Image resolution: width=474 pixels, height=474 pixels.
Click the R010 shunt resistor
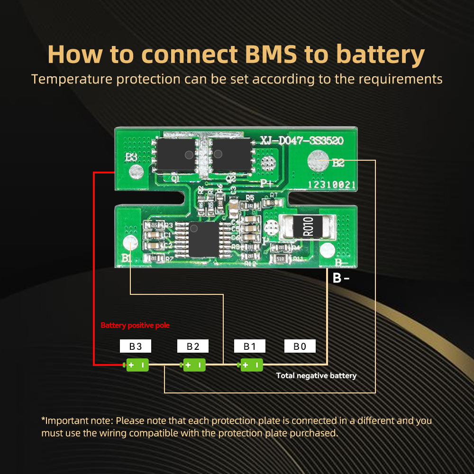click(x=308, y=227)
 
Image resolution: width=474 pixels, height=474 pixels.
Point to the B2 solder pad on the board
click(x=318, y=162)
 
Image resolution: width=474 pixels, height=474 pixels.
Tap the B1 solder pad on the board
click(x=129, y=243)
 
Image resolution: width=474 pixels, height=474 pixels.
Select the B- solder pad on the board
click(x=328, y=249)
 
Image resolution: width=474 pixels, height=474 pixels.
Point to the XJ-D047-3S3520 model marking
click(x=301, y=140)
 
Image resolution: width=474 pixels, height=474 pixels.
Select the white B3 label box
click(x=136, y=346)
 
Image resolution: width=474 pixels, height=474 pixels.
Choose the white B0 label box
click(x=300, y=346)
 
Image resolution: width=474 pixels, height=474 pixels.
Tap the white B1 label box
click(x=250, y=346)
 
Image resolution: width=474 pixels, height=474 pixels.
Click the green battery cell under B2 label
click(x=193, y=365)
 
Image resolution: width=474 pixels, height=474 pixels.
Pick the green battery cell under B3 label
click(x=137, y=365)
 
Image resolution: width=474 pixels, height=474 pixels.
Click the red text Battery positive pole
click(x=135, y=326)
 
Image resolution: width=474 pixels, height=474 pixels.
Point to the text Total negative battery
click(x=316, y=376)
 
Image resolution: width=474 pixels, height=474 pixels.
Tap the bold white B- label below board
click(x=341, y=278)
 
